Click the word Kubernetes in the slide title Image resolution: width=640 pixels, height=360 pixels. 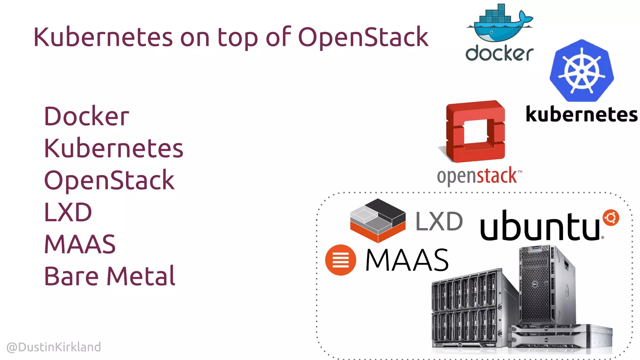pos(103,37)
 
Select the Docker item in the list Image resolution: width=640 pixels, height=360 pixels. pos(87,116)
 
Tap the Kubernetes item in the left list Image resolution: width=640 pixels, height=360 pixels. pos(113,148)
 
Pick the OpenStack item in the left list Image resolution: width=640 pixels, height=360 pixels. pos(109,180)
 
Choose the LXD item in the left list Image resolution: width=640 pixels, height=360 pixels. pos(68,212)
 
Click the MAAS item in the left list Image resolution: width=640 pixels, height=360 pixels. pos(80,244)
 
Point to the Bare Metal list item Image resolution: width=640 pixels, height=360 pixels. pos(110,276)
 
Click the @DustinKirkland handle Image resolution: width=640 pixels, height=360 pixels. pos(54,347)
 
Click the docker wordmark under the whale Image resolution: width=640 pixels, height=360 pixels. pos(499,53)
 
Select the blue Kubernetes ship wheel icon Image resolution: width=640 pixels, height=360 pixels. pos(582,71)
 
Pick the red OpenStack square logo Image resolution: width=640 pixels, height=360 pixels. pos(475,131)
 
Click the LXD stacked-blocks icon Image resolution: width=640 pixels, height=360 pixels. pos(378,220)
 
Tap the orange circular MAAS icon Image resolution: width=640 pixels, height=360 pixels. pos(340,260)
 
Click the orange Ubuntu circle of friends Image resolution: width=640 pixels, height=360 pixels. pos(611,217)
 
